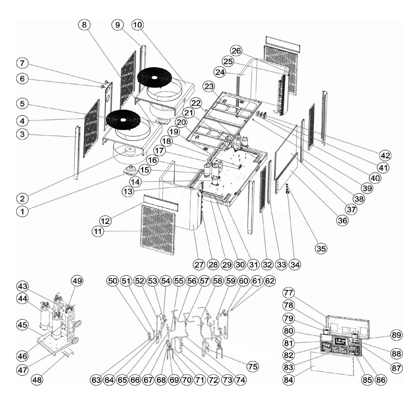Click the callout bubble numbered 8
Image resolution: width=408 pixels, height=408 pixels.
click(84, 25)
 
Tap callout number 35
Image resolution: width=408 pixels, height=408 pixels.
click(321, 249)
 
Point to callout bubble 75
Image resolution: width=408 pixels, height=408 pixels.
click(253, 366)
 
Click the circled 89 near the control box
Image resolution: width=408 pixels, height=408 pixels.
click(396, 335)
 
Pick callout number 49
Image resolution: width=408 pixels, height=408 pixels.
click(77, 281)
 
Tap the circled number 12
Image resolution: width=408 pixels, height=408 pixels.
click(105, 221)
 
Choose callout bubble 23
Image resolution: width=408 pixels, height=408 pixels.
click(209, 86)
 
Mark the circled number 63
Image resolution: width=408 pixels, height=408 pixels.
click(96, 380)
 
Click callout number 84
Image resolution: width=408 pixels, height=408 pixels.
click(288, 380)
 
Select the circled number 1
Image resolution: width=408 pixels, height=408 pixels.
click(22, 211)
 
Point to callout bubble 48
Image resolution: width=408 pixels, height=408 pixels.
click(37, 380)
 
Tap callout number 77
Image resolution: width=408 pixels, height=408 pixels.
click(288, 293)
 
